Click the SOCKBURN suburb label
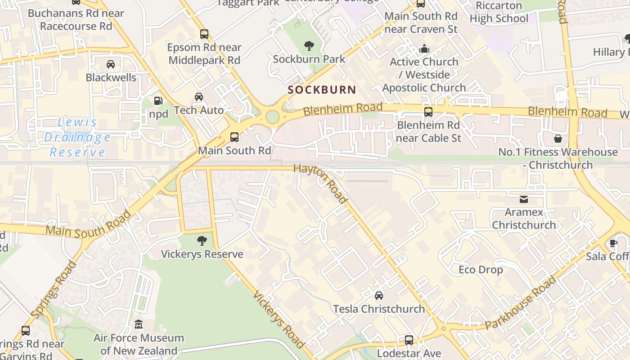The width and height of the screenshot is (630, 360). [322, 90]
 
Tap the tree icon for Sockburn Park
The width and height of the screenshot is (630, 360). [309, 45]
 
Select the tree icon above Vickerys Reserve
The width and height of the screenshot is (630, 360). [202, 240]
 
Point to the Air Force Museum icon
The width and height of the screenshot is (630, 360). [139, 324]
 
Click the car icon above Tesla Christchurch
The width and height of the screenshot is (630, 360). [379, 295]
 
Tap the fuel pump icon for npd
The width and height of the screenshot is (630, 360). [158, 101]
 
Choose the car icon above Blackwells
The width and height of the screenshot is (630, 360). [111, 64]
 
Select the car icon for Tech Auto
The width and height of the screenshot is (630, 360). [198, 96]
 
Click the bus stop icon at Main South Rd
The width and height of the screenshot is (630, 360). [234, 137]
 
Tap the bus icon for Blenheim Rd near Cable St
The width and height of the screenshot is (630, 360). [428, 112]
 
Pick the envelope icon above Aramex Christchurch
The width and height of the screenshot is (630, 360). [524, 199]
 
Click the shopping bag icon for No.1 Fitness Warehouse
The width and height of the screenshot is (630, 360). [558, 139]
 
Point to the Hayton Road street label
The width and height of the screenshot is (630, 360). [320, 183]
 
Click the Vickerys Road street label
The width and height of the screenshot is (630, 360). [279, 319]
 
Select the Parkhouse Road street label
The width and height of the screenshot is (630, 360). [521, 303]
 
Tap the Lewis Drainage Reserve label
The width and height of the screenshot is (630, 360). [77, 137]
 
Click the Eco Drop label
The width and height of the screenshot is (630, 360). [481, 270]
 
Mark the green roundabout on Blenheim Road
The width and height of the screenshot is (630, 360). [272, 117]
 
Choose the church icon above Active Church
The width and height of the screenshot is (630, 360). [424, 49]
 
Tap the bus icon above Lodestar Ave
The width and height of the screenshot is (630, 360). [409, 340]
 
